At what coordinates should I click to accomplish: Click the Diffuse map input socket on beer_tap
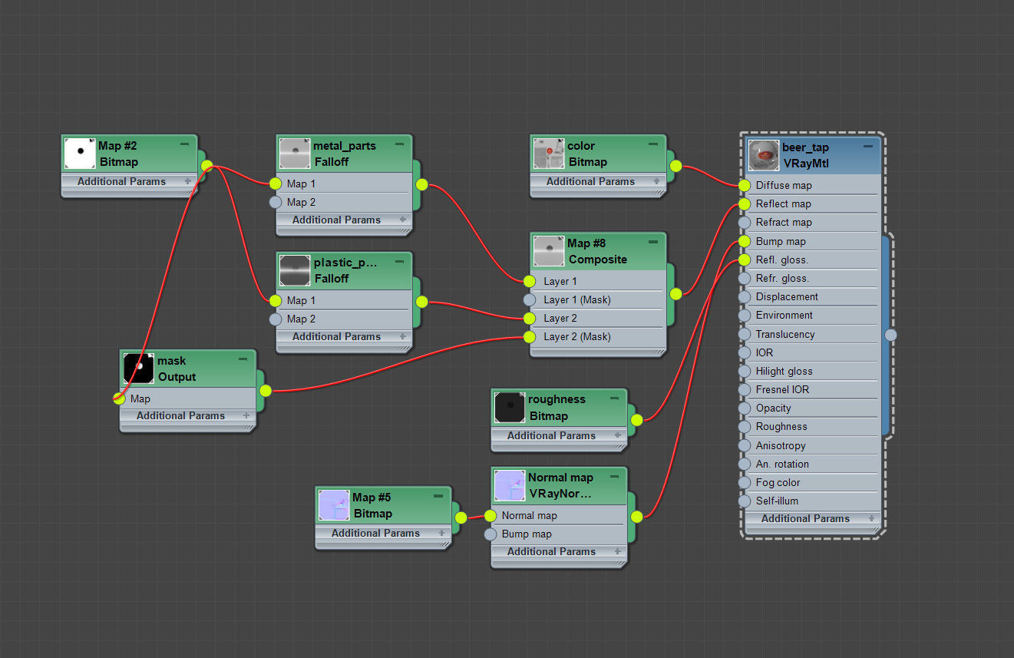click(744, 185)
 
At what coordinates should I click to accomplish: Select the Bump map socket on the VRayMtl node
click(744, 241)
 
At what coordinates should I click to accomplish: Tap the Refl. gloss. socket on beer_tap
click(744, 260)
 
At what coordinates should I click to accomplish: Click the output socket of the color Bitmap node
click(675, 166)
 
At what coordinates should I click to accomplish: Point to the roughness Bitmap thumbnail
click(510, 407)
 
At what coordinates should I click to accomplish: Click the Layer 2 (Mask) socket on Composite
click(529, 336)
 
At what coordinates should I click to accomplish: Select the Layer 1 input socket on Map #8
click(529, 281)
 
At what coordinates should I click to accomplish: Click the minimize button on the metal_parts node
click(399, 144)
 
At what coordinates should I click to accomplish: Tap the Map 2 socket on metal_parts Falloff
click(276, 202)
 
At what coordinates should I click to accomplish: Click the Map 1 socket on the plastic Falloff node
click(276, 300)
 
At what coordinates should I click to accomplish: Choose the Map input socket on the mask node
click(119, 398)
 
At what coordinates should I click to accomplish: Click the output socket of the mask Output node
click(266, 391)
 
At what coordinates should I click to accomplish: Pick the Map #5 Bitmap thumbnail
click(334, 505)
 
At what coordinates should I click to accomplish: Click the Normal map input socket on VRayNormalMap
click(490, 515)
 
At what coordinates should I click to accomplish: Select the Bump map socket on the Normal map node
click(490, 534)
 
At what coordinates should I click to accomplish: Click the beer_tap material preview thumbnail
click(765, 154)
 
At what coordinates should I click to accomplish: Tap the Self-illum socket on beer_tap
click(744, 501)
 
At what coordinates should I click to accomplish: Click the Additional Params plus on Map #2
click(187, 181)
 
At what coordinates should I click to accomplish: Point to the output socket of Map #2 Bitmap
click(206, 166)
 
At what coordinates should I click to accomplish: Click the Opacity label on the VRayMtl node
click(773, 408)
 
